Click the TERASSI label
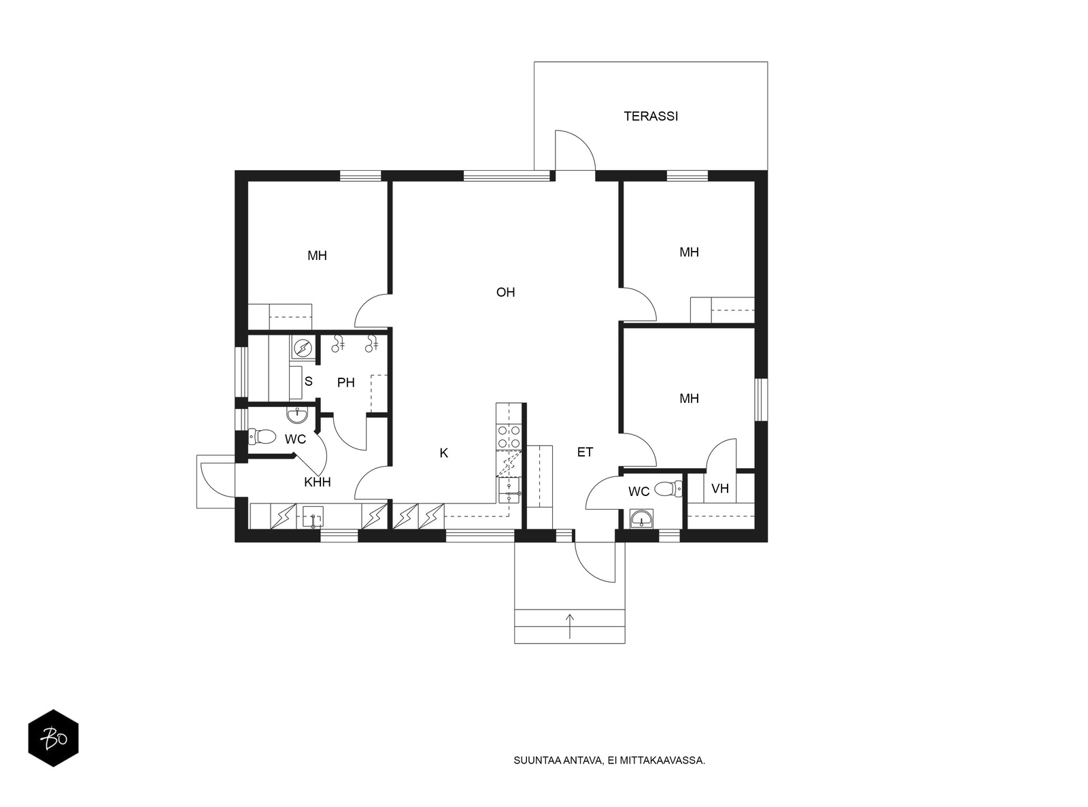pyautogui.click(x=651, y=116)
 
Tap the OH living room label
pyautogui.click(x=505, y=292)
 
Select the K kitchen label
pyautogui.click(x=443, y=453)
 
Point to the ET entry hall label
pyautogui.click(x=585, y=452)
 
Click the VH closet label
pyautogui.click(x=719, y=489)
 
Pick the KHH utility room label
pyautogui.click(x=318, y=482)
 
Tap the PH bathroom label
pyautogui.click(x=346, y=382)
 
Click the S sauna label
pyautogui.click(x=308, y=381)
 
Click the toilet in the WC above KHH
pyautogui.click(x=261, y=436)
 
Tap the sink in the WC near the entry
pyautogui.click(x=642, y=518)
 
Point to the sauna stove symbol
pyautogui.click(x=302, y=348)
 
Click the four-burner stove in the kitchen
pyautogui.click(x=509, y=437)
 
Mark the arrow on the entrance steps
pyautogui.click(x=570, y=626)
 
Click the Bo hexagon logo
pyautogui.click(x=54, y=738)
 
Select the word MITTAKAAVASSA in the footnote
pyautogui.click(x=662, y=761)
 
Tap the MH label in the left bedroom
pyautogui.click(x=317, y=255)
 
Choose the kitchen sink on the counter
pyautogui.click(x=509, y=491)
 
